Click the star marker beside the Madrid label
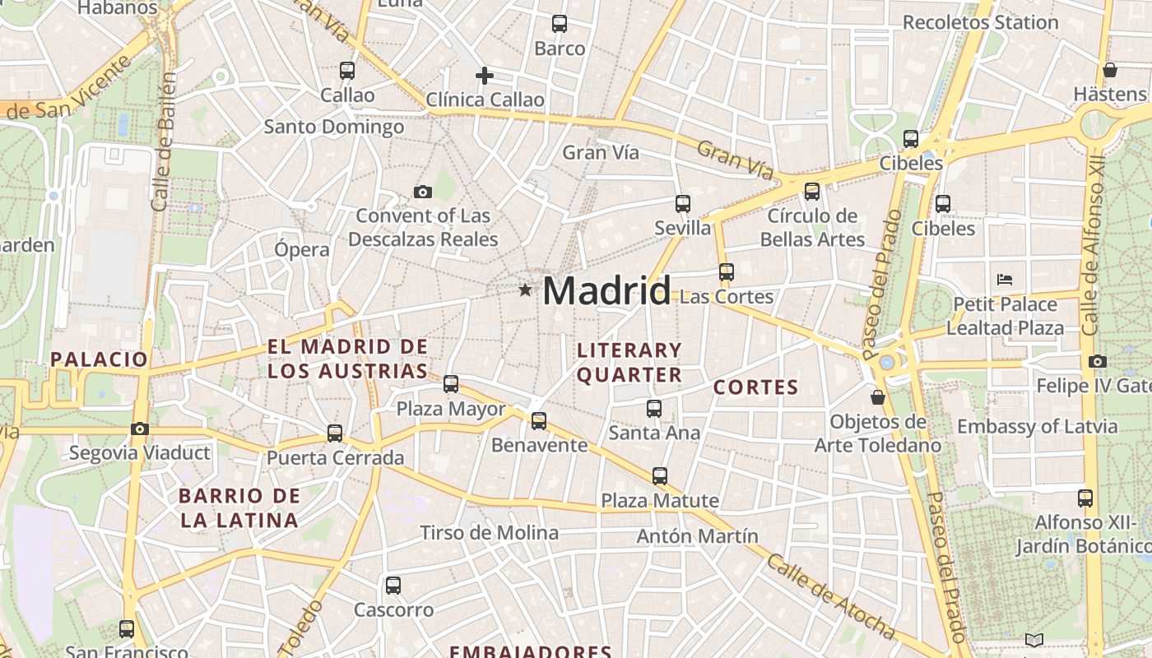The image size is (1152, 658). click(525, 290)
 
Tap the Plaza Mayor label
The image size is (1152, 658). click(451, 409)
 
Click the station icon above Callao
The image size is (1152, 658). click(347, 71)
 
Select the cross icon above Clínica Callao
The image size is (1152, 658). click(485, 76)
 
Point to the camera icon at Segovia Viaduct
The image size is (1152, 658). click(140, 429)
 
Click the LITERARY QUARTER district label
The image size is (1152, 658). click(629, 363)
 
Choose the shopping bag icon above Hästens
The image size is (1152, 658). click(1110, 69)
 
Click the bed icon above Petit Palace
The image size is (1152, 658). click(1004, 279)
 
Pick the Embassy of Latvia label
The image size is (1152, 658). click(1037, 426)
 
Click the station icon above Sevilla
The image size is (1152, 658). click(682, 203)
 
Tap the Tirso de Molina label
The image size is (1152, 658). click(489, 532)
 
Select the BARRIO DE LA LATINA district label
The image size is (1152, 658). click(239, 507)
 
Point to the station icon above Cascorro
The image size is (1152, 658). click(393, 586)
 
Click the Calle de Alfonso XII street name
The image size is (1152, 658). click(1094, 247)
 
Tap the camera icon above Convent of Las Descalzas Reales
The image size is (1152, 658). click(423, 192)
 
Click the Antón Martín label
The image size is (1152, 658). click(697, 536)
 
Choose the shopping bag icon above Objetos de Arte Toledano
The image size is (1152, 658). click(878, 397)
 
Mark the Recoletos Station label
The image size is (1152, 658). click(980, 22)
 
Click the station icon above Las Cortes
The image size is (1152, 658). click(726, 271)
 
